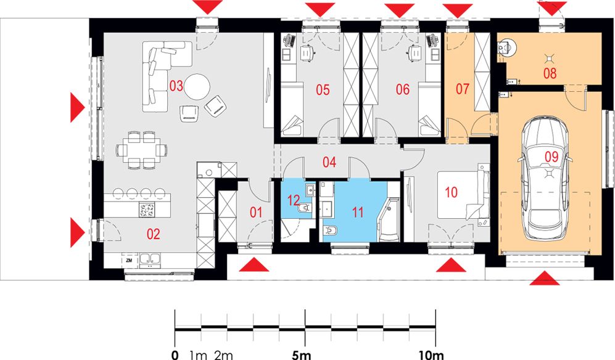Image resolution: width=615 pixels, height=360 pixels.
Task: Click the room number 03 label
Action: coord(176,86)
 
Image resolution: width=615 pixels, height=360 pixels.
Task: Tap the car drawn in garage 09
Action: coord(545,178)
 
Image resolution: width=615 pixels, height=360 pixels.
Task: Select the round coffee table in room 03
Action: coord(197,87)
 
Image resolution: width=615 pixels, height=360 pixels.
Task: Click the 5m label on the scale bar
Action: coord(302,355)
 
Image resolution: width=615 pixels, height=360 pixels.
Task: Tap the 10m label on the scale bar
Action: coord(431,355)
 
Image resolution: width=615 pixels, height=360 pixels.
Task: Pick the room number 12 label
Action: coord(294,200)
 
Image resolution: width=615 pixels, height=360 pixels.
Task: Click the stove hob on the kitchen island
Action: coord(147,210)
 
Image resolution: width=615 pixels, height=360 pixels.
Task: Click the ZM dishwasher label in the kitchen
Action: coord(129,260)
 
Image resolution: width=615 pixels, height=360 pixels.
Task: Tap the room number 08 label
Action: coord(550,73)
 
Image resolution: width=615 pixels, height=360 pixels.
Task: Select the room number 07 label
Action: coord(462,89)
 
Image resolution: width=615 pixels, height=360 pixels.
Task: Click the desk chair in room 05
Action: coord(307,52)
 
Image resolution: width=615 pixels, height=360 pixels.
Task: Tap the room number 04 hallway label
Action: coord(329,162)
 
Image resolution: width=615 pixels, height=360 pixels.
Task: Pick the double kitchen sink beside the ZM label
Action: coord(151,260)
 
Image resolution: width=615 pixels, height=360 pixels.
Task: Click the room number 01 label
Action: coord(256,213)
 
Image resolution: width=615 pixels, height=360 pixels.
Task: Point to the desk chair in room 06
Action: coord(414,52)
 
